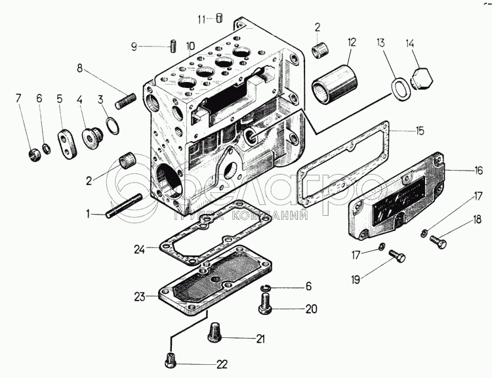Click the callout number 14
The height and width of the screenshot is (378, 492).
pyautogui.click(x=410, y=45)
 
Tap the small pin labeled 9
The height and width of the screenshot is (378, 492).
pyautogui.click(x=173, y=47)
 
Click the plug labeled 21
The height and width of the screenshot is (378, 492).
pyautogui.click(x=215, y=331)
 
